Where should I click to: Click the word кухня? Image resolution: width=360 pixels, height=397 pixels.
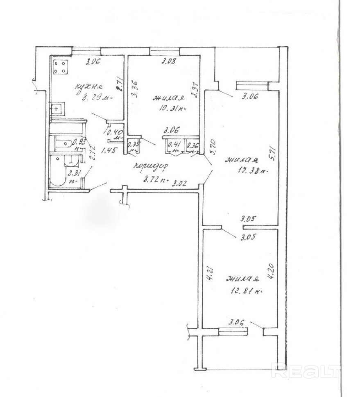(88, 87)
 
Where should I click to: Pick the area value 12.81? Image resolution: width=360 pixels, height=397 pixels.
(245, 292)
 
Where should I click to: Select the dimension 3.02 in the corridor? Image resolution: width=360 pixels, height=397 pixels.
(180, 184)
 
